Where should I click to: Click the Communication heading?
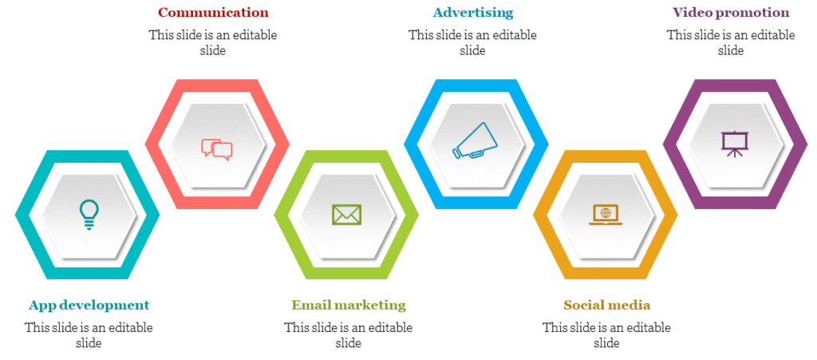[213, 12]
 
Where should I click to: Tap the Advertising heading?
[472, 12]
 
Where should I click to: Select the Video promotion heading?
[731, 12]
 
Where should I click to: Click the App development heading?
[89, 305]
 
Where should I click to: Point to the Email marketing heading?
[349, 305]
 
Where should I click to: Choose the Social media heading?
[606, 305]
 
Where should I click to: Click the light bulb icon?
[89, 215]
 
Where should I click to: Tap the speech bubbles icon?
[217, 148]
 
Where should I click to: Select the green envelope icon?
[346, 215]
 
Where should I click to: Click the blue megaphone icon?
[472, 140]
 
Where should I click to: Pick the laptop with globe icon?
[606, 215]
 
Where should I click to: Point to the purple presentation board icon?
[735, 144]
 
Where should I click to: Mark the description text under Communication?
[213, 43]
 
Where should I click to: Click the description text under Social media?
[606, 335]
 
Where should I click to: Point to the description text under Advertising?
[472, 43]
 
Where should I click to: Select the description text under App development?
[89, 335]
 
